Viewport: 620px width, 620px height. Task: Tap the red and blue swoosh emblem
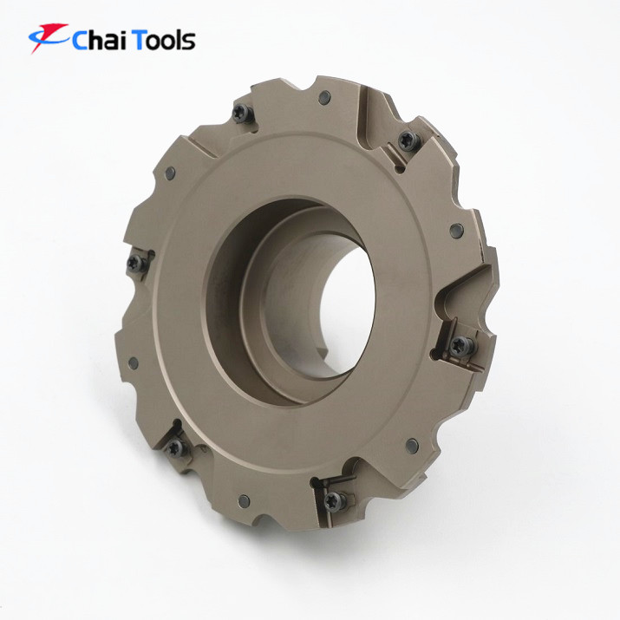tap(49, 36)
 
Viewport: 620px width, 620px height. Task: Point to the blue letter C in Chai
tap(81, 41)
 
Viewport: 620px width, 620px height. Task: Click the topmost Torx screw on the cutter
tap(242, 113)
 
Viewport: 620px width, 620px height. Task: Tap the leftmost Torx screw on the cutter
tap(137, 263)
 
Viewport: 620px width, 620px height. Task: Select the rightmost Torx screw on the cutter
tap(461, 346)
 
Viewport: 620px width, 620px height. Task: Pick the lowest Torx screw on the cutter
tap(335, 501)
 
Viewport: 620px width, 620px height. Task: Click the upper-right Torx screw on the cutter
tap(408, 140)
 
